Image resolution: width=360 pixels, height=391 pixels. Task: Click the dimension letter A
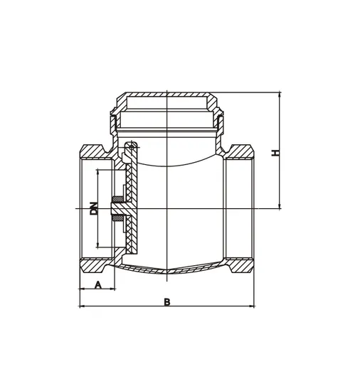click(x=99, y=285)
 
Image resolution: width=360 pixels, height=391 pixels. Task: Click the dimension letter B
click(x=167, y=301)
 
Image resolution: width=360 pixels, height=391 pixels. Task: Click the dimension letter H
click(x=275, y=151)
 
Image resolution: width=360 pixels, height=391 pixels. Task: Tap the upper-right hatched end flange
click(x=241, y=152)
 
